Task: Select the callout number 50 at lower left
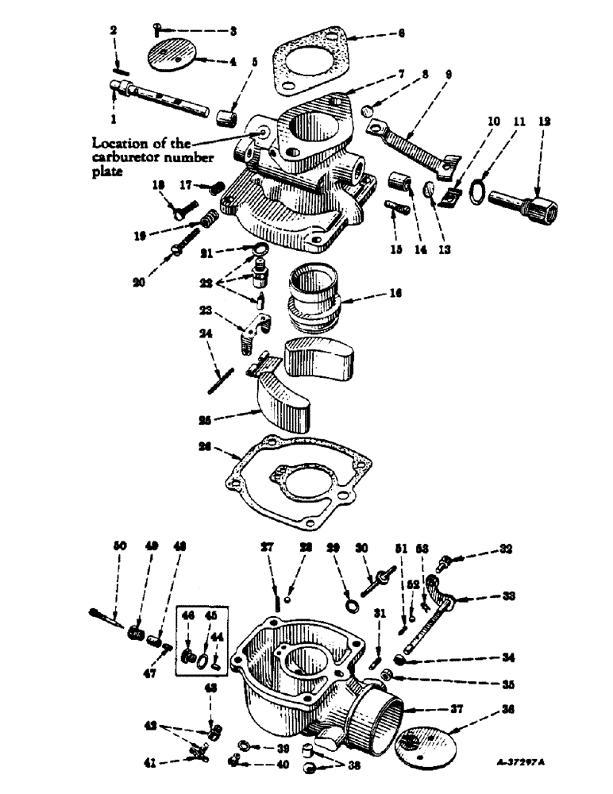120,547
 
